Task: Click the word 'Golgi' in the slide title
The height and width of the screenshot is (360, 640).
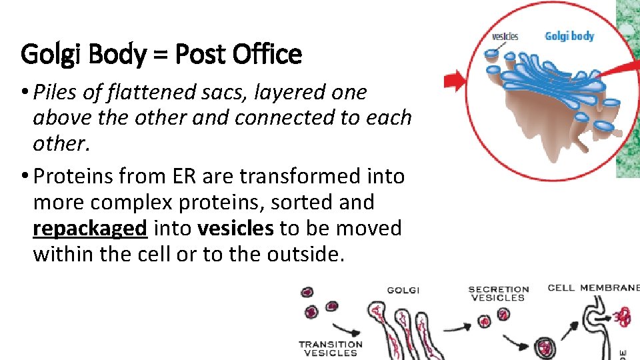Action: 48,54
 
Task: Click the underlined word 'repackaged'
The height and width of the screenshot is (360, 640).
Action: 89,229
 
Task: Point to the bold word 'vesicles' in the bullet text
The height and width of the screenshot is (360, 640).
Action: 235,229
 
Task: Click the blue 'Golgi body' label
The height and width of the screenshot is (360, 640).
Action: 569,36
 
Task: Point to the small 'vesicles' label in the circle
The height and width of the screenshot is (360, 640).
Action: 505,36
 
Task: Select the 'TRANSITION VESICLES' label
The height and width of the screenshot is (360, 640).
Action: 331,349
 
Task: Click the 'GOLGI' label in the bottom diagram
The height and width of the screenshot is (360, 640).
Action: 403,290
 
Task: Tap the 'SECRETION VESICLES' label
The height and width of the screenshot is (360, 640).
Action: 498,294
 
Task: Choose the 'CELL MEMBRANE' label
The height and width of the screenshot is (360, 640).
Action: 593,288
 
